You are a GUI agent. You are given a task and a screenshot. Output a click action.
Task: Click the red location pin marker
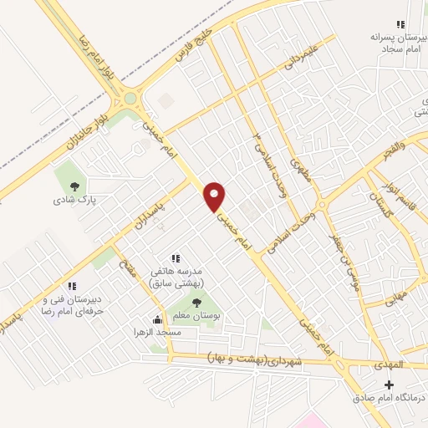[x=216, y=195]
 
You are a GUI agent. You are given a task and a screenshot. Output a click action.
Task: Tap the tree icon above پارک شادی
[x=75, y=186]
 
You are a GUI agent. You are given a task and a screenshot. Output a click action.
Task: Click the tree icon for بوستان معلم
[x=196, y=303]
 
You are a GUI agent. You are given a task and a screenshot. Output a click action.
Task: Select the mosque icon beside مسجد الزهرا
[x=156, y=318]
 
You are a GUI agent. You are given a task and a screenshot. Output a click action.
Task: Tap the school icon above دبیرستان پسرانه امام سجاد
[x=401, y=24]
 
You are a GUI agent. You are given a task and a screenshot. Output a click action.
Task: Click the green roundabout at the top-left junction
[x=130, y=98]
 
